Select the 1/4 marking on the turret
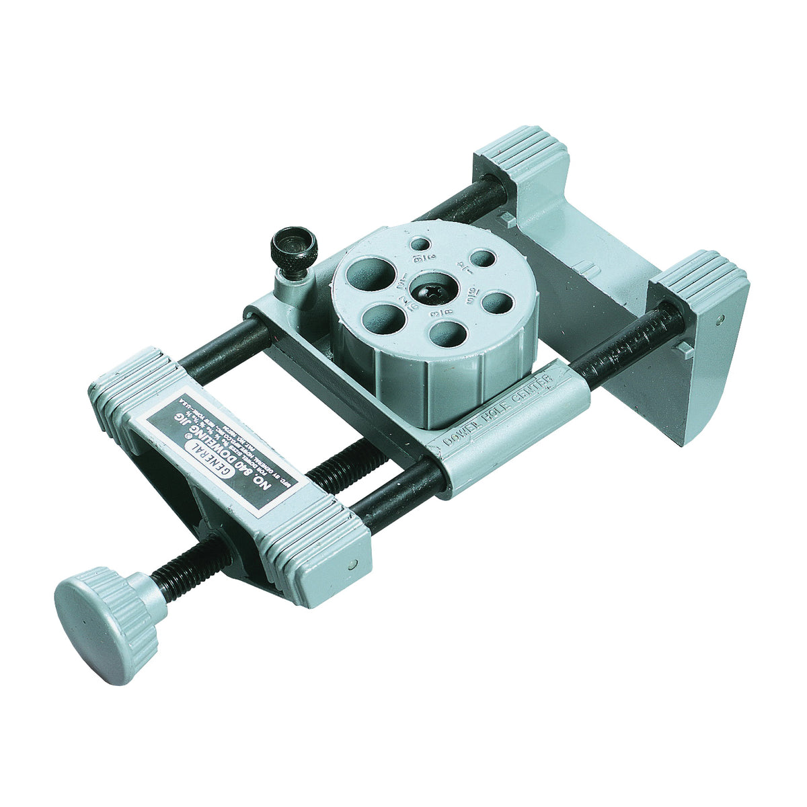pos(463,267)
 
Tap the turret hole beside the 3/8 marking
pos(449,333)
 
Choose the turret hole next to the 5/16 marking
pos(497,302)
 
